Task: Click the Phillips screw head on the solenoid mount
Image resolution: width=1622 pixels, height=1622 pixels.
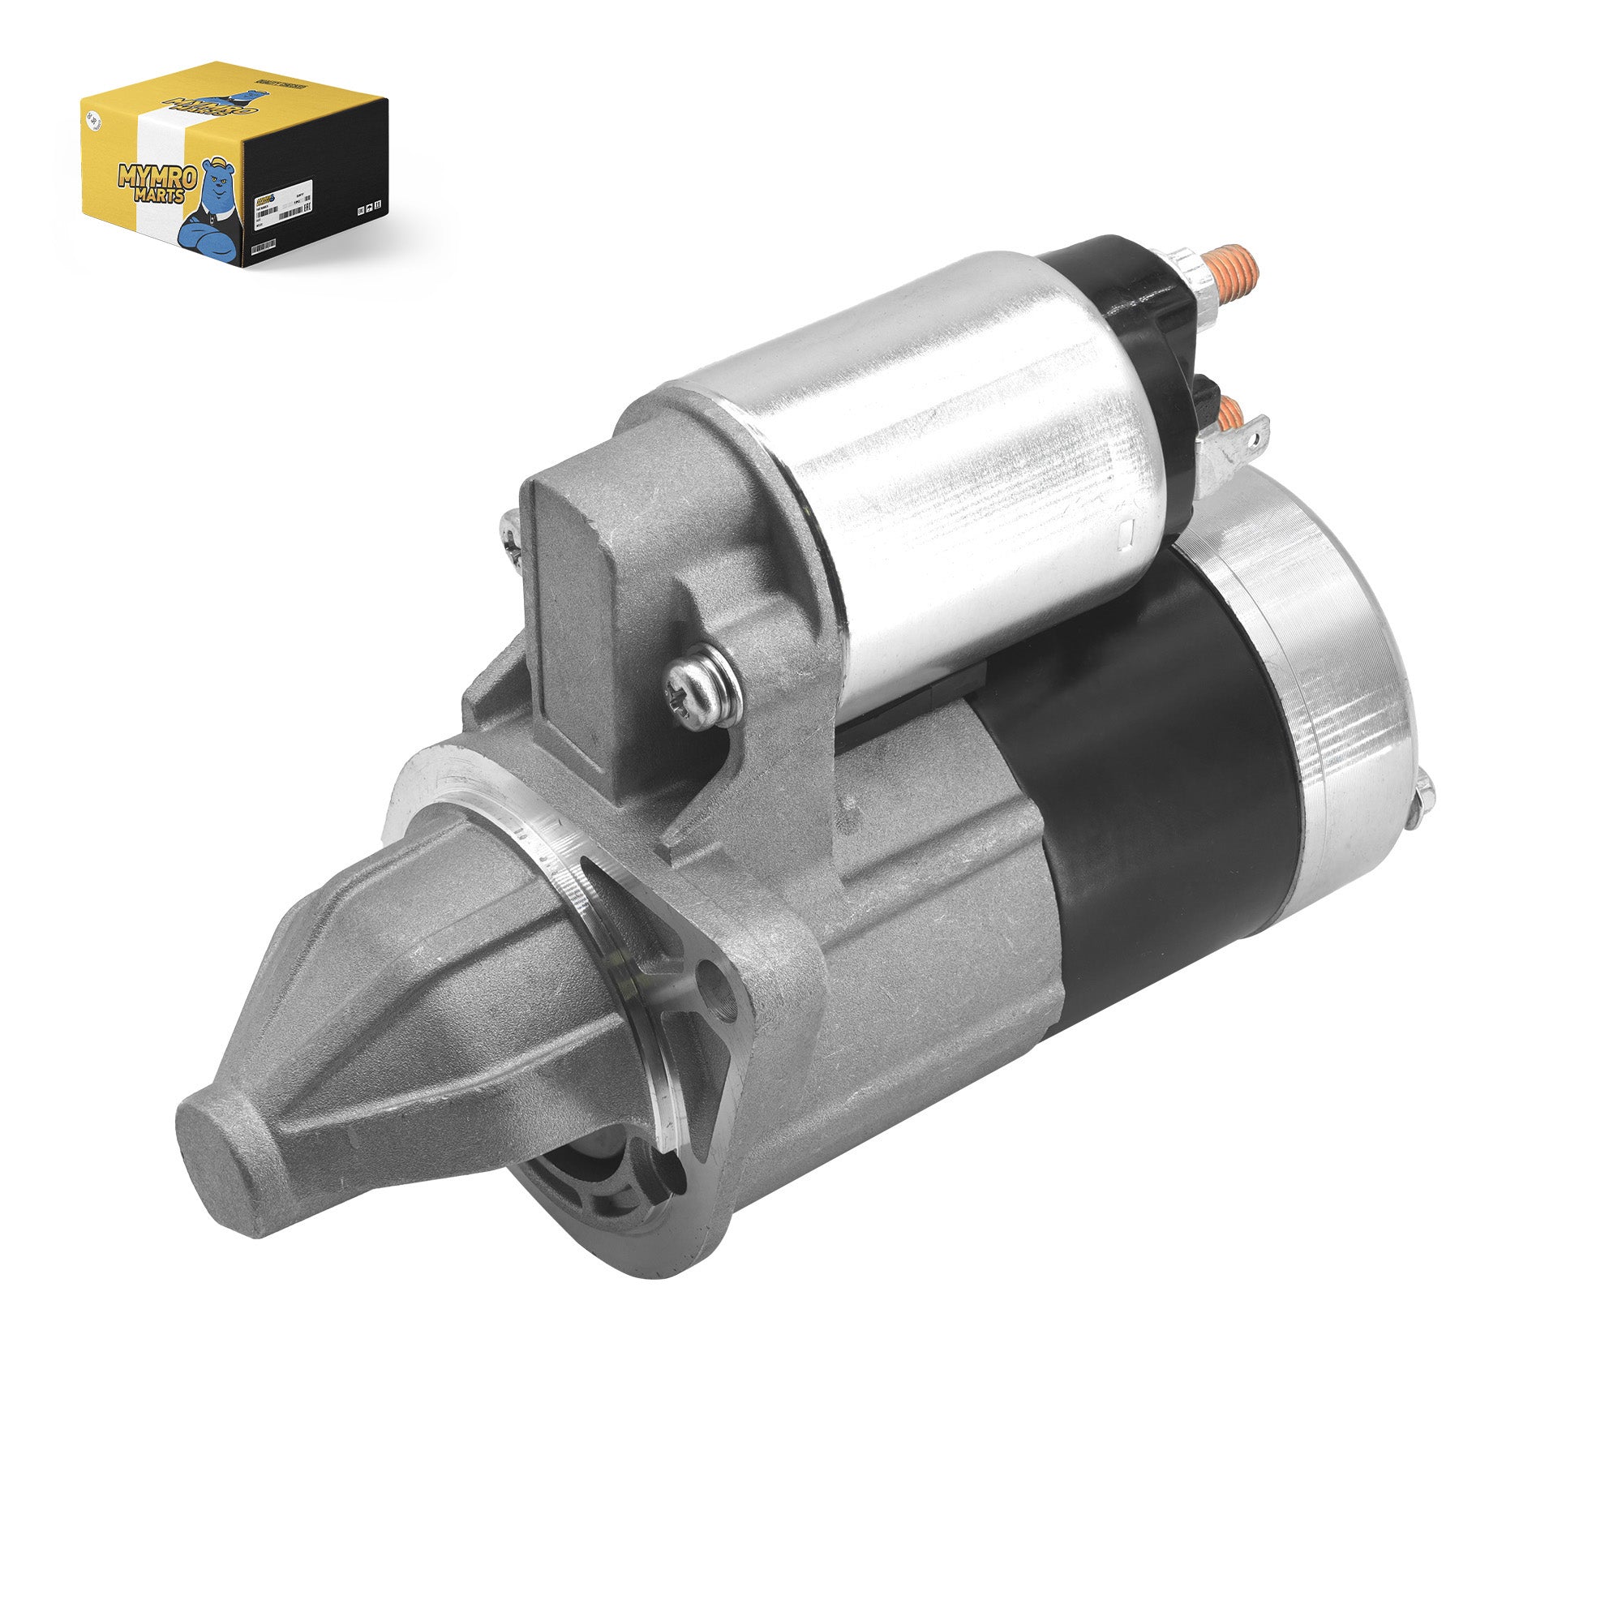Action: click(x=701, y=689)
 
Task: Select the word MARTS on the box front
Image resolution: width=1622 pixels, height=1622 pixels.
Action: click(x=160, y=196)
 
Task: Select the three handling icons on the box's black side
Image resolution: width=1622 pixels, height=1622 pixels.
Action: click(x=369, y=207)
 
